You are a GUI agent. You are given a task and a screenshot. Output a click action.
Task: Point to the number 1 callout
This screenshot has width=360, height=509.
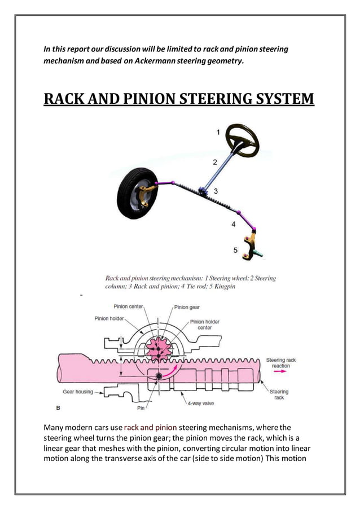(218, 132)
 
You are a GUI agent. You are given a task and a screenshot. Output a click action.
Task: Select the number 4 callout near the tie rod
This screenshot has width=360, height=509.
(234, 225)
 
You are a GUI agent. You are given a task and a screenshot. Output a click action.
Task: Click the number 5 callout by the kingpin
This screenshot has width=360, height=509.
(236, 249)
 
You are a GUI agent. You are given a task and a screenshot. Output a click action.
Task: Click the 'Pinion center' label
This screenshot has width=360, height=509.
(129, 306)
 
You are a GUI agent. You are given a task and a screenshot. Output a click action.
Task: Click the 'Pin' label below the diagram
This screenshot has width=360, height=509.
(141, 407)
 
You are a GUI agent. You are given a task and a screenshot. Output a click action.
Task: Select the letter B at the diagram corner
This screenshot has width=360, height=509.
(58, 407)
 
